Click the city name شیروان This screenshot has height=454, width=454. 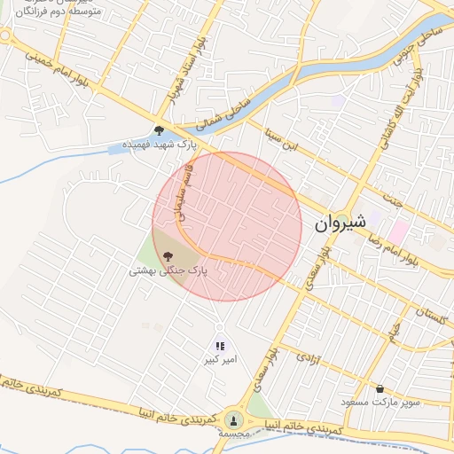[340, 223]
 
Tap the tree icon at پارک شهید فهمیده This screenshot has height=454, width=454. [159, 130]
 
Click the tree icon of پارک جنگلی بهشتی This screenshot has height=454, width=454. [168, 256]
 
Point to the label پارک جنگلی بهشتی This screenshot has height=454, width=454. [168, 270]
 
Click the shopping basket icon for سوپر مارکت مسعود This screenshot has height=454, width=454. [380, 388]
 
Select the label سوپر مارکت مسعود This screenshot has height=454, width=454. [381, 403]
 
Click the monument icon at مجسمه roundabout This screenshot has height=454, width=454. [233, 419]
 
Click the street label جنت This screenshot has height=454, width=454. [394, 185]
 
